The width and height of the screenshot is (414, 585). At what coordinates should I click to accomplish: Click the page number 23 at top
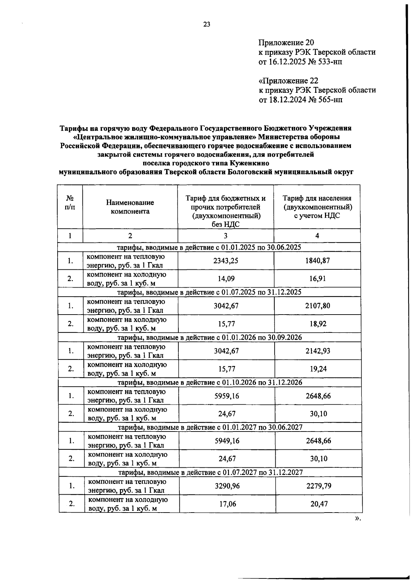pos(207,24)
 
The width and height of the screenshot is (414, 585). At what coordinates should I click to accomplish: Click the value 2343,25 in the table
pos(226,261)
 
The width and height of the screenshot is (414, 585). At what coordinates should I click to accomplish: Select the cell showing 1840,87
pos(317,261)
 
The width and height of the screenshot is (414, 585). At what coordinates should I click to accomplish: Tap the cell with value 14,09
pos(226,279)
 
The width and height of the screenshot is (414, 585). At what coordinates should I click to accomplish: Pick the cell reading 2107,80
pos(317,306)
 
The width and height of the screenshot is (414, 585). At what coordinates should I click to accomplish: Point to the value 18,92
pos(317,324)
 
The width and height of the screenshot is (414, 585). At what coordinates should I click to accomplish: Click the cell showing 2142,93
pos(318,351)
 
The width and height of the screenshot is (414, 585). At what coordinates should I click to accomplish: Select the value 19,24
pos(318,369)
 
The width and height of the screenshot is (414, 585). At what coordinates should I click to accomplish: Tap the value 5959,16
pos(227,396)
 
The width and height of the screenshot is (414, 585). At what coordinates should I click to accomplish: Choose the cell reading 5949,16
pos(227,441)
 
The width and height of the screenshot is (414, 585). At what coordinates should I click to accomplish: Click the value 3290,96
pos(227,486)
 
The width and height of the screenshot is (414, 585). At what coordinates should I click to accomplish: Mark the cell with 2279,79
pos(318,486)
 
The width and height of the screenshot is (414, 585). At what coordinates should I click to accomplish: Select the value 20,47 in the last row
pos(319,504)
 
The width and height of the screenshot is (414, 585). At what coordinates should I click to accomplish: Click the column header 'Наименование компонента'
pos(130,207)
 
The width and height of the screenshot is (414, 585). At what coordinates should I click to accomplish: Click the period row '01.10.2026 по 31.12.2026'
pos(210,382)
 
